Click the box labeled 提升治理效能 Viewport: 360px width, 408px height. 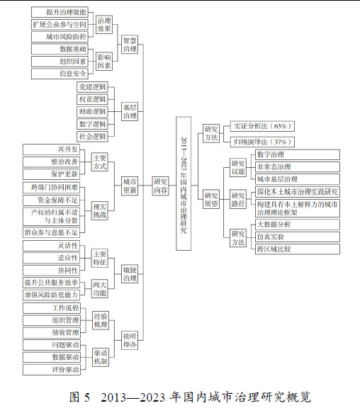(x=60, y=12)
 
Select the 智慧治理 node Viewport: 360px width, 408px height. (x=130, y=45)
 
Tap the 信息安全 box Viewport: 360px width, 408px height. (x=60, y=74)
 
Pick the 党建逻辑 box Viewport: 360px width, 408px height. (x=92, y=87)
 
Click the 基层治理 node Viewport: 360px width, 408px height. (x=130, y=112)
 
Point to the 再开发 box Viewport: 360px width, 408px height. (x=51, y=149)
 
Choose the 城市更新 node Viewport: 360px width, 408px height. (x=130, y=186)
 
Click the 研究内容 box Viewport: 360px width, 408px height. (x=160, y=186)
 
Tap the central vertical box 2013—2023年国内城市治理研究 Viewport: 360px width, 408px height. (x=184, y=183)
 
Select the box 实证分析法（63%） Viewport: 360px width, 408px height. (x=262, y=126)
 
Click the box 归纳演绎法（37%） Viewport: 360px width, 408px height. (x=262, y=142)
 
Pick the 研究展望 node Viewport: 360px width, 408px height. (x=211, y=199)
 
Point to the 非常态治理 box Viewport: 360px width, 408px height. (x=298, y=166)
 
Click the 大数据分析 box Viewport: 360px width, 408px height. (x=298, y=225)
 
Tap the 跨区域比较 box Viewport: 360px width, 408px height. (x=298, y=249)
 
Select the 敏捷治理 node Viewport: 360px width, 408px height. (x=130, y=274)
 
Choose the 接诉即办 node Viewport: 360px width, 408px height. (x=130, y=340)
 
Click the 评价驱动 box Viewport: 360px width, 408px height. (x=52, y=370)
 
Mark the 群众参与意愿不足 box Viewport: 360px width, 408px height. (x=51, y=232)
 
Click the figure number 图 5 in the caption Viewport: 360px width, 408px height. (x=79, y=397)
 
